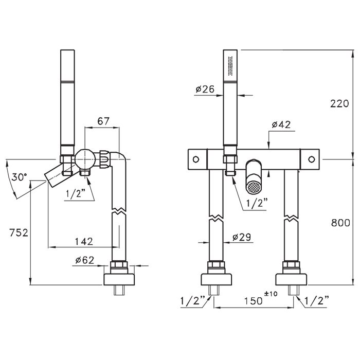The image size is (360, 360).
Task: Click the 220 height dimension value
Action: pyautogui.click(x=339, y=104)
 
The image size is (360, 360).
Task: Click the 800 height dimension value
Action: pyautogui.click(x=340, y=223)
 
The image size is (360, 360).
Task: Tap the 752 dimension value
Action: pyautogui.click(x=19, y=232)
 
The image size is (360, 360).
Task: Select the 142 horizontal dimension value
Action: pyautogui.click(x=84, y=241)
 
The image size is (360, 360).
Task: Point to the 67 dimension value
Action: pyautogui.click(x=103, y=121)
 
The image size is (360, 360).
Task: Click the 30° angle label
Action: pyautogui.click(x=20, y=177)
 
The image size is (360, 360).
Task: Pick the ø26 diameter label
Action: pyautogui.click(x=205, y=89)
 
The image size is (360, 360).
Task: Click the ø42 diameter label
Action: pyautogui.click(x=281, y=124)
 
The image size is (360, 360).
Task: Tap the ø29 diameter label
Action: pyautogui.click(x=242, y=237)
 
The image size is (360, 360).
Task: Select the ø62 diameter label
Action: pyautogui.click(x=85, y=260)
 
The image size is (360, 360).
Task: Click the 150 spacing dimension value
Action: pyautogui.click(x=253, y=301)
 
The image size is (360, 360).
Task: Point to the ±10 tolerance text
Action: pyautogui.click(x=271, y=294)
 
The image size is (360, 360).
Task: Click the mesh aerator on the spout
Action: pyautogui.click(x=254, y=187)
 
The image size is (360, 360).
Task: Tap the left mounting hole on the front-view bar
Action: pyautogui.click(x=196, y=159)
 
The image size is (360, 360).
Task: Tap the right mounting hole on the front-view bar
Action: pyautogui.click(x=311, y=159)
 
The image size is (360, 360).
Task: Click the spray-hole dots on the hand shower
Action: pyautogui.click(x=230, y=65)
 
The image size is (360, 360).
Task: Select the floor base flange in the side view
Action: pyautogui.click(x=119, y=279)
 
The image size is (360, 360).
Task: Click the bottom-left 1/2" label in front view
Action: pyautogui.click(x=192, y=301)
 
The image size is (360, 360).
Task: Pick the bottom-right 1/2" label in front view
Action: pyautogui.click(x=317, y=301)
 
